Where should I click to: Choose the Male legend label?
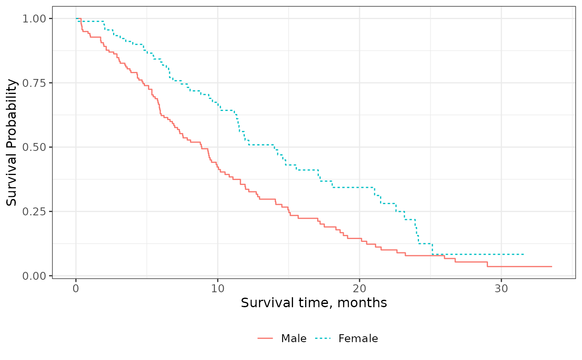tap(294, 339)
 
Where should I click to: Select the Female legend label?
tap(358, 339)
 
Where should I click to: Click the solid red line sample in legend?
tap(265, 339)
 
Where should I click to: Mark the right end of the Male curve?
tap(551, 266)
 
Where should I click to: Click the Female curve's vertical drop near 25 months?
tap(432, 249)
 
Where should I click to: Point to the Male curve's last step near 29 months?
tap(487, 264)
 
